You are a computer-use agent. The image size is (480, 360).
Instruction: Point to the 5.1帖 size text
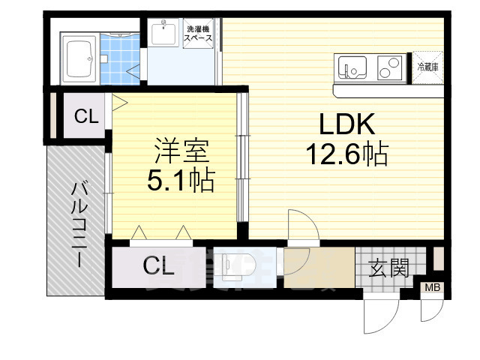tap(181, 180)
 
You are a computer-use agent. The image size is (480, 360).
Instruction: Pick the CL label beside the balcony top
tap(85, 116)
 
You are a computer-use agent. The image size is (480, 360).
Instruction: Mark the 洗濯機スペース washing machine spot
tap(199, 33)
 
